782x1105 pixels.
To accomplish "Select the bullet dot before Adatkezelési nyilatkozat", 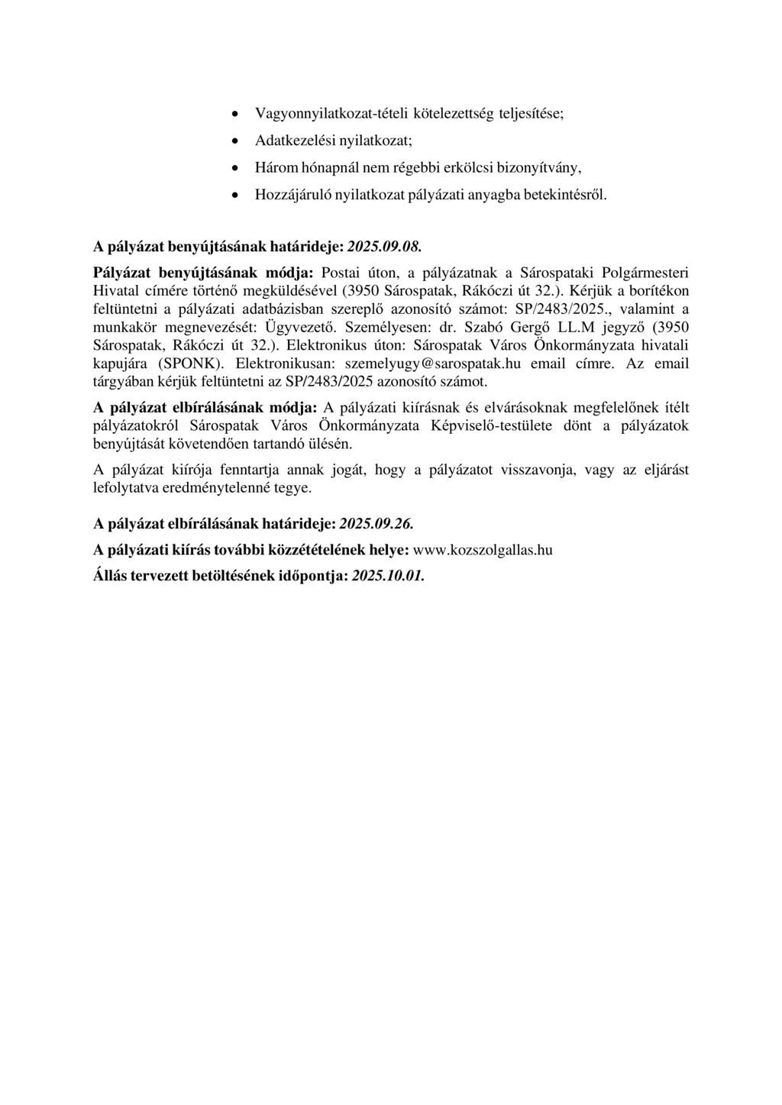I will [237, 141].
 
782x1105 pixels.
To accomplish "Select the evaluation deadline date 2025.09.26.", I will [380, 525].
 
